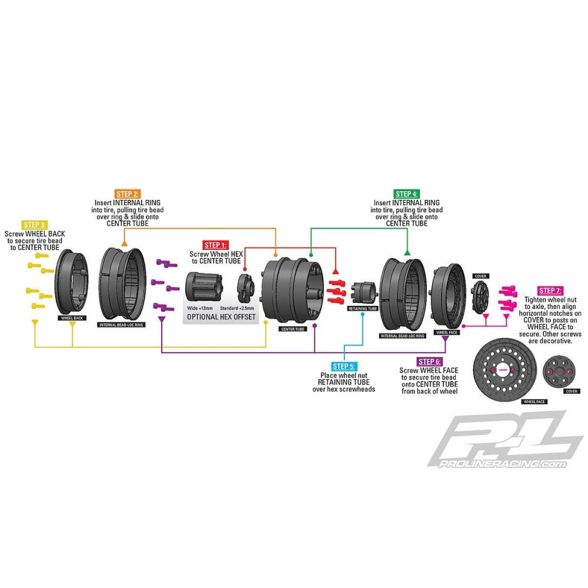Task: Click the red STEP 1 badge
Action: click(216, 245)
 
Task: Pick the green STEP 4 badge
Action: click(407, 193)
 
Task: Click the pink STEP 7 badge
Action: click(550, 290)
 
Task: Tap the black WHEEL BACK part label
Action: click(72, 318)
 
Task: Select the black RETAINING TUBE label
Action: click(362, 308)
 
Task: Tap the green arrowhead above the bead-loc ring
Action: click(406, 252)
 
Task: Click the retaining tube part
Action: click(362, 292)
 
